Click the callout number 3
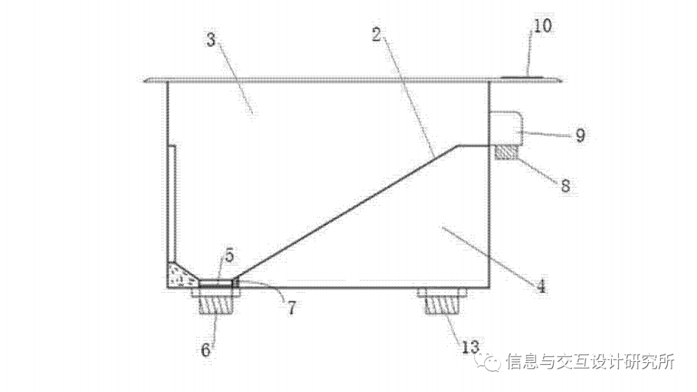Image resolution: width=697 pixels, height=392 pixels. (210, 39)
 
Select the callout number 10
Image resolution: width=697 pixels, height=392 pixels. (543, 26)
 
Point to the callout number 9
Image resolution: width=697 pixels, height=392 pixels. (580, 135)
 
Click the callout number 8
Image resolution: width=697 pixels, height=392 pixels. (565, 186)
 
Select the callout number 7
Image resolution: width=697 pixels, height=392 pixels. (291, 308)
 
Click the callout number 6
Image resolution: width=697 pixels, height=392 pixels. (206, 350)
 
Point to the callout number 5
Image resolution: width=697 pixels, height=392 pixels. (229, 255)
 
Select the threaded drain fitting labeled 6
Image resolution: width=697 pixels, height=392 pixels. (216, 303)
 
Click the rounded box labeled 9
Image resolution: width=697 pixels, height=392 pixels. (507, 128)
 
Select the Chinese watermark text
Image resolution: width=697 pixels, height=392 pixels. (590, 362)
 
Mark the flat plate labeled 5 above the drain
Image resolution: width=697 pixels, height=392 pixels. (216, 283)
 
